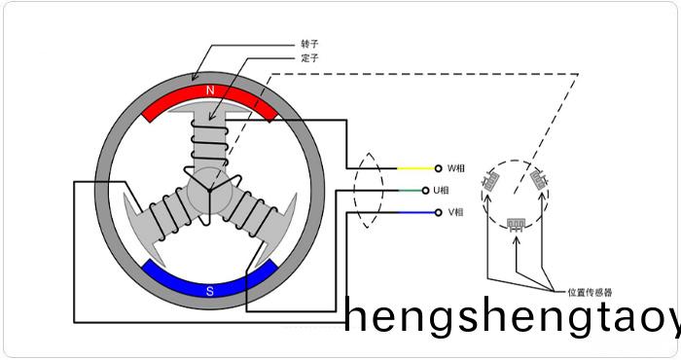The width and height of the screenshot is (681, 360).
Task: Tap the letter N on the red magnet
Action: click(209, 90)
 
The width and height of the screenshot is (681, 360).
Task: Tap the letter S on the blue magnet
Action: click(209, 289)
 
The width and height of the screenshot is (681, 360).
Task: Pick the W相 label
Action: click(455, 168)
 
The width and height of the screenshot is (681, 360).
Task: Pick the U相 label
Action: click(455, 190)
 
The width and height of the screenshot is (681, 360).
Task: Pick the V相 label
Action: click(455, 212)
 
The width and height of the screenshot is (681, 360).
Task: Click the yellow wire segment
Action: click(413, 168)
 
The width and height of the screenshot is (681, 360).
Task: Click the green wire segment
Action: click(413, 190)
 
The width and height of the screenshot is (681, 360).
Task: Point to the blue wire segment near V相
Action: click(413, 212)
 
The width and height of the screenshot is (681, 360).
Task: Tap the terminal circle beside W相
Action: click(439, 168)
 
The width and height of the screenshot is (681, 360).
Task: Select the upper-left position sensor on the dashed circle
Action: click(492, 180)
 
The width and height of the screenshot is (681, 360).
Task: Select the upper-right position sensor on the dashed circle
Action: click(540, 180)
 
